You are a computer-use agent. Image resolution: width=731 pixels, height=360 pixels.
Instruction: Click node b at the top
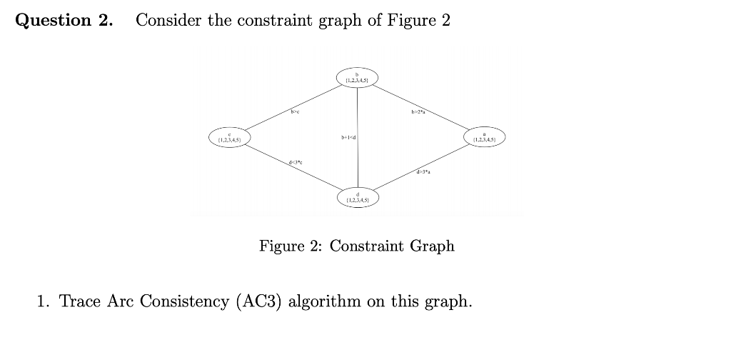357,77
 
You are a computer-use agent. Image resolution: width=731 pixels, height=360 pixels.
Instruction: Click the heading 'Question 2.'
64,20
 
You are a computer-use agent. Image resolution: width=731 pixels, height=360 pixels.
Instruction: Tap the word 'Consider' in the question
168,20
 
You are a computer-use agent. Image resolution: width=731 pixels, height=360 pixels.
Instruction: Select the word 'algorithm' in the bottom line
324,301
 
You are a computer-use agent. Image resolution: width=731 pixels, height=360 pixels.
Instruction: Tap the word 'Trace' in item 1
80,301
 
